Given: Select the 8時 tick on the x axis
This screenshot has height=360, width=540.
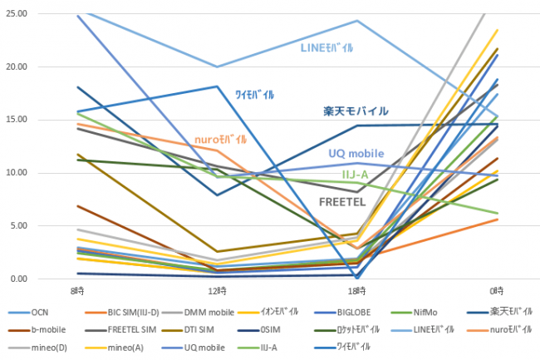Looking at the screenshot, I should (x=78, y=291).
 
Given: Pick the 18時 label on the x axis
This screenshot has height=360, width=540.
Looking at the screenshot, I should (x=356, y=291).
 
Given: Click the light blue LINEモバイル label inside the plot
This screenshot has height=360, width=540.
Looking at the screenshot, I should (x=332, y=48).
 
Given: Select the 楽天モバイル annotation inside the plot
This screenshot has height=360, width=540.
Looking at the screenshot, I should (x=356, y=111).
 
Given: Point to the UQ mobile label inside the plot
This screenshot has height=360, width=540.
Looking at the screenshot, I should (x=356, y=153).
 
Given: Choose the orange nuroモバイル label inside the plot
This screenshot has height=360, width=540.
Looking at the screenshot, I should (x=220, y=140).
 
